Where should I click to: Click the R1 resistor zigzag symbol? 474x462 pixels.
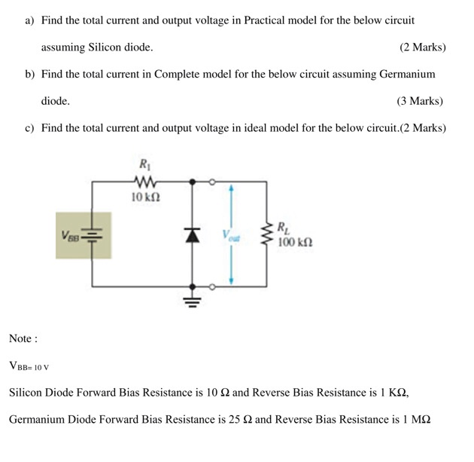144,181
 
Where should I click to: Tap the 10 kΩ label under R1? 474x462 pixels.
144,197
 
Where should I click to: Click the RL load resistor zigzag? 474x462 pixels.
266,234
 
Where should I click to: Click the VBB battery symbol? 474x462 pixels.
92,235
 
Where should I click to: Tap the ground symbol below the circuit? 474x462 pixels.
192,304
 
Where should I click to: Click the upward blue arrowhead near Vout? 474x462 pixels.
231,189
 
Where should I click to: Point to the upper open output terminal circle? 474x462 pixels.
212,181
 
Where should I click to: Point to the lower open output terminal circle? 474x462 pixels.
212,286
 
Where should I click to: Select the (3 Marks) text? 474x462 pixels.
419,100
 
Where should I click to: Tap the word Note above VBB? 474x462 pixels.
23,339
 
